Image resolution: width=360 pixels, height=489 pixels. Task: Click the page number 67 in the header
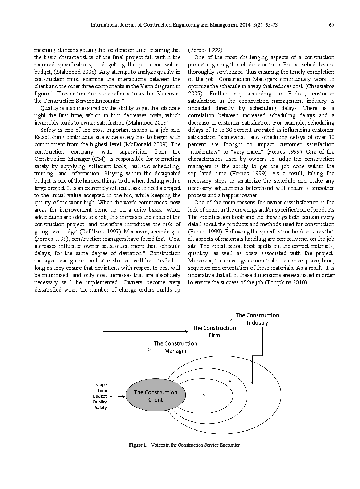(331, 25)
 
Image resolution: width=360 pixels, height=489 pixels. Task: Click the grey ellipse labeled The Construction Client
(156, 396)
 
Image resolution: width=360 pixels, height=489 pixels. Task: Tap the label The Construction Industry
(257, 319)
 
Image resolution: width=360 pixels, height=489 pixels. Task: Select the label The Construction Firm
(214, 331)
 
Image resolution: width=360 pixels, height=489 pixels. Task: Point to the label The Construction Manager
(175, 347)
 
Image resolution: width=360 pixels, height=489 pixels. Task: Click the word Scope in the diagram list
(101, 384)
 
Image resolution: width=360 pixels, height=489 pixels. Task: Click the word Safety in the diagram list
(101, 408)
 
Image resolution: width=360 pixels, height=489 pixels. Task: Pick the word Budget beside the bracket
(100, 396)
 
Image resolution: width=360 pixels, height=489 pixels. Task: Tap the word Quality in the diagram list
(100, 402)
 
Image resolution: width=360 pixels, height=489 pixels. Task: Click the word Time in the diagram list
(102, 390)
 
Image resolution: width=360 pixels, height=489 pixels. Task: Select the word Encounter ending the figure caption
(230, 445)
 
